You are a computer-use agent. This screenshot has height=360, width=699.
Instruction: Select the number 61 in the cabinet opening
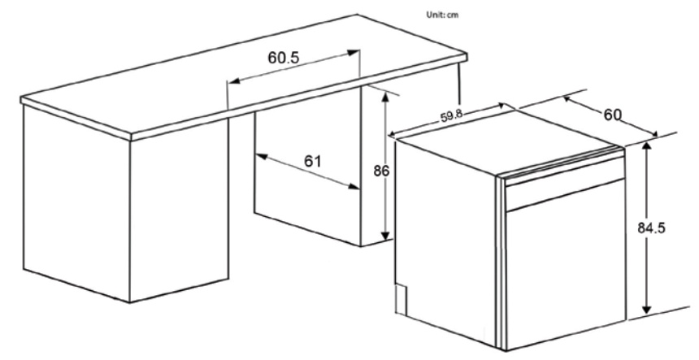[312, 161]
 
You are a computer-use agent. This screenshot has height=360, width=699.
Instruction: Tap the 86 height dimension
[375, 171]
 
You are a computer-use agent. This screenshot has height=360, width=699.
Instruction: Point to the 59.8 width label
[452, 116]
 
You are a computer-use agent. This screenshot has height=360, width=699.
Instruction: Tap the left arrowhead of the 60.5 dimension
[231, 81]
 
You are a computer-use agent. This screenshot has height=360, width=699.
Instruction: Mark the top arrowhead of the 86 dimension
[384, 92]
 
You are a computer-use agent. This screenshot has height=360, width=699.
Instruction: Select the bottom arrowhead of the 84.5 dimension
[646, 310]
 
